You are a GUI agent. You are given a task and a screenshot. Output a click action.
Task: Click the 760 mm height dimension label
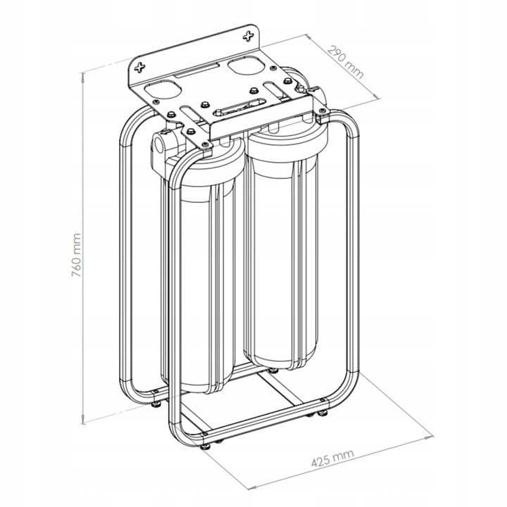coord(76,255)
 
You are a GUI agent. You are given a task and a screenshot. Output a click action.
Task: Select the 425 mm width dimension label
coord(332,458)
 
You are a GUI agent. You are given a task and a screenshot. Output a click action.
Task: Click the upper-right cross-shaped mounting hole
coord(249,36)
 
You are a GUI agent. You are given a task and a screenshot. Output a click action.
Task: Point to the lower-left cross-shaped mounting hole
coord(139,68)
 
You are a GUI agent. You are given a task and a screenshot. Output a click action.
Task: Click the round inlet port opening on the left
coord(158,144)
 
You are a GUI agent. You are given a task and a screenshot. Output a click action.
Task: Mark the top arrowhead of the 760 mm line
coord(83,75)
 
